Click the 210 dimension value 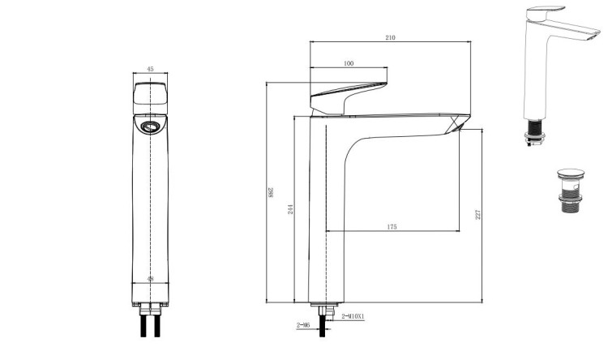391,38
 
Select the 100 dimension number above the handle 349,63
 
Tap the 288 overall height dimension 270,192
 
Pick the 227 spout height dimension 478,214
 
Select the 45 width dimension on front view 151,69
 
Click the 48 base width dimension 151,278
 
